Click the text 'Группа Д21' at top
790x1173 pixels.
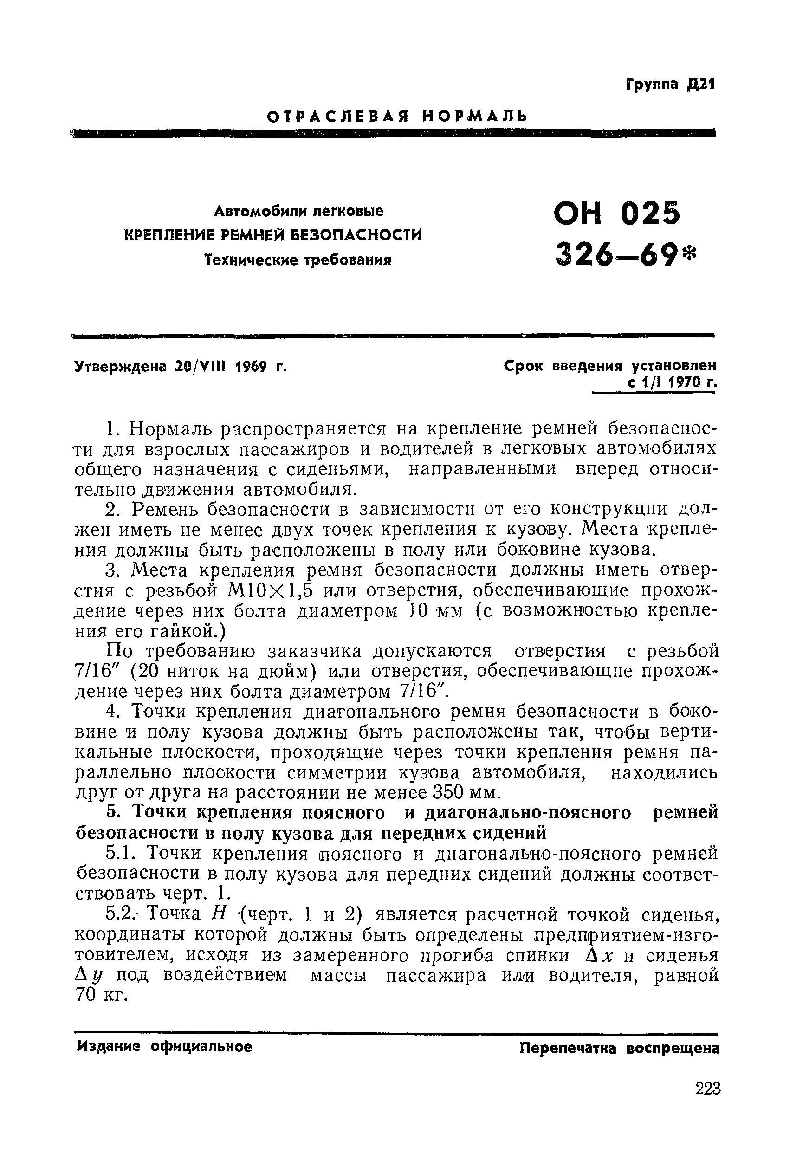670,84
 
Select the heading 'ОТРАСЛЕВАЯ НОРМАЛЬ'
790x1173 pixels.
397,117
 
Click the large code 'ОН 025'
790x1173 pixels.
617,214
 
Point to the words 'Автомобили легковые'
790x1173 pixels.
298,210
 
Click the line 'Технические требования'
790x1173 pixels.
298,260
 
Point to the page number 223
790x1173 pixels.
708,1089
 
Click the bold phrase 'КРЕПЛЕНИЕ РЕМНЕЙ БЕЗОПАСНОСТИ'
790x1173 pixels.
272,235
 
